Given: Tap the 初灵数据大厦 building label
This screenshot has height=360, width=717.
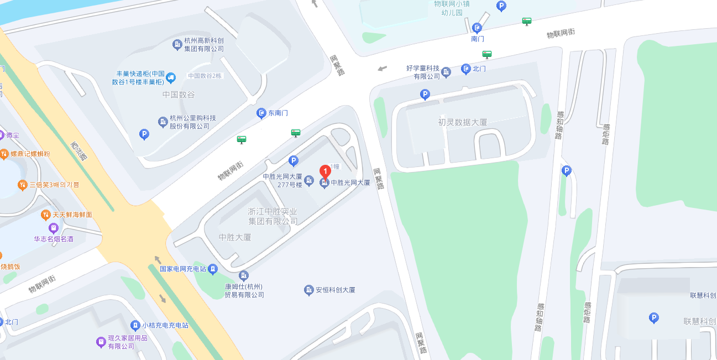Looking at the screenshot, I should pyautogui.click(x=463, y=122).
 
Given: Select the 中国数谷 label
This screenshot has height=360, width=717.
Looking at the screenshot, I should pyautogui.click(x=179, y=95).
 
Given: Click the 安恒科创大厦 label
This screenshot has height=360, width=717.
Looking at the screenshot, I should pyautogui.click(x=335, y=290).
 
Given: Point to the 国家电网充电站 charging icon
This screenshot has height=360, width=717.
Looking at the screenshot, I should pyautogui.click(x=213, y=269).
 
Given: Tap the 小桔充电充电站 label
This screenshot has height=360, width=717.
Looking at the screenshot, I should pyautogui.click(x=165, y=325).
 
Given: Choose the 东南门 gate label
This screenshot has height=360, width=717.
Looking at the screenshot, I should pyautogui.click(x=278, y=113).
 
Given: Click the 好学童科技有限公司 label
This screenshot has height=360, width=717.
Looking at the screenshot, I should pyautogui.click(x=423, y=72).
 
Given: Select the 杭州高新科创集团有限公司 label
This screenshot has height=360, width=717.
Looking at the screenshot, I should pyautogui.click(x=204, y=44).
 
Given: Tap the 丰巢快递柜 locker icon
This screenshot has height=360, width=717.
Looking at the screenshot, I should pyautogui.click(x=171, y=77).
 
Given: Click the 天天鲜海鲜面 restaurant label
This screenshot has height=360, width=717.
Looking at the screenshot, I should pyautogui.click(x=72, y=215).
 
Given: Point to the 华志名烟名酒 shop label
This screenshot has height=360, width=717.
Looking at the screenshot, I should pyautogui.click(x=54, y=239).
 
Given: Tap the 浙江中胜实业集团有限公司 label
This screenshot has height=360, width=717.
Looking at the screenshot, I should pyautogui.click(x=273, y=216).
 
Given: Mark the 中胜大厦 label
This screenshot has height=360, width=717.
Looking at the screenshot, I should pyautogui.click(x=235, y=237).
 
